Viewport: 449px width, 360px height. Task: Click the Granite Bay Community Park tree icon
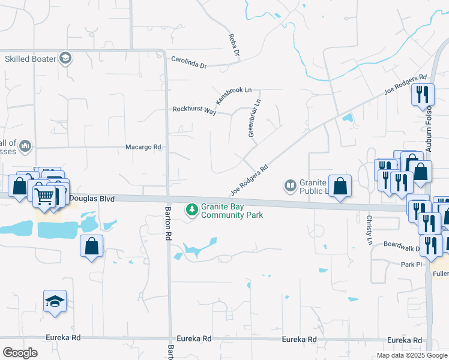[x=192, y=209]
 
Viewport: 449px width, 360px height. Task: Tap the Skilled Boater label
[x=31, y=59]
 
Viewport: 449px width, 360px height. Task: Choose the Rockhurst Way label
[x=194, y=110]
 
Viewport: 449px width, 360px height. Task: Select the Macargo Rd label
[x=143, y=147]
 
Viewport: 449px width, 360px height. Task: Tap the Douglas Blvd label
[x=92, y=197]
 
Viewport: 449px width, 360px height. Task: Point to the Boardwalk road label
[x=400, y=245]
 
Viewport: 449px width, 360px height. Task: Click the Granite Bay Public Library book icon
[x=291, y=186]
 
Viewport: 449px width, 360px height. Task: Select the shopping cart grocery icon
[x=44, y=196]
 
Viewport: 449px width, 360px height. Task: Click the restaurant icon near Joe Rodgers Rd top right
[x=423, y=94]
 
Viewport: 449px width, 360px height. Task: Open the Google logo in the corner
[x=20, y=353]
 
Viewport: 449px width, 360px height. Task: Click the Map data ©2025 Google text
[x=411, y=355]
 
